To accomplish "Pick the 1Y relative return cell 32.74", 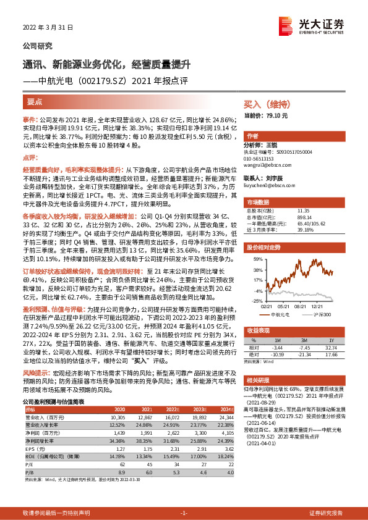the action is coord(330,348).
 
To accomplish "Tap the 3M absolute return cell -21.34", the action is coord(304,354).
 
